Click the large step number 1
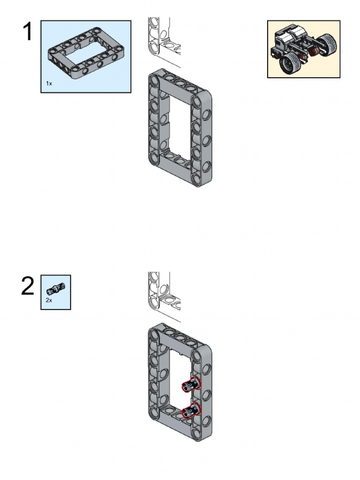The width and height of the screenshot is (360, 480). pos(28,32)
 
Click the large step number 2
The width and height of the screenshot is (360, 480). pos(28,286)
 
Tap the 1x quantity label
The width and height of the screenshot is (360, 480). pos(49,83)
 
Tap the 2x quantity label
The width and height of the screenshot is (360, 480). pos(49,300)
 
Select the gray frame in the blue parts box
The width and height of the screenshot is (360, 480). pos(85,53)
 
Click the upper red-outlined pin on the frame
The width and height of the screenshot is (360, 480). pos(191,385)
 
